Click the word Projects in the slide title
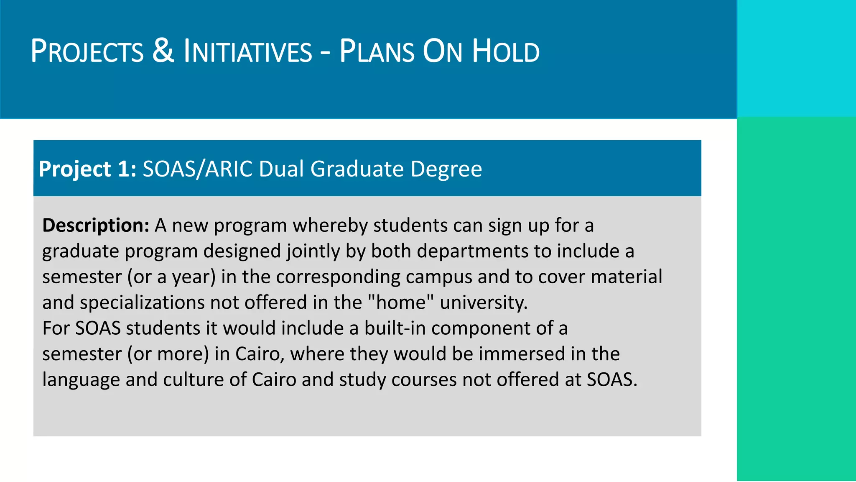(x=87, y=51)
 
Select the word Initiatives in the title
(x=248, y=51)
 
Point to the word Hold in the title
(x=506, y=51)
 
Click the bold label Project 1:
(x=87, y=169)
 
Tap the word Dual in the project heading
(x=281, y=169)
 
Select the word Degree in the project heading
(x=446, y=169)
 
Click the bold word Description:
(x=96, y=226)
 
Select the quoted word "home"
(x=401, y=302)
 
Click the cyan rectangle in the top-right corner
(x=796, y=59)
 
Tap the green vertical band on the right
(x=796, y=299)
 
